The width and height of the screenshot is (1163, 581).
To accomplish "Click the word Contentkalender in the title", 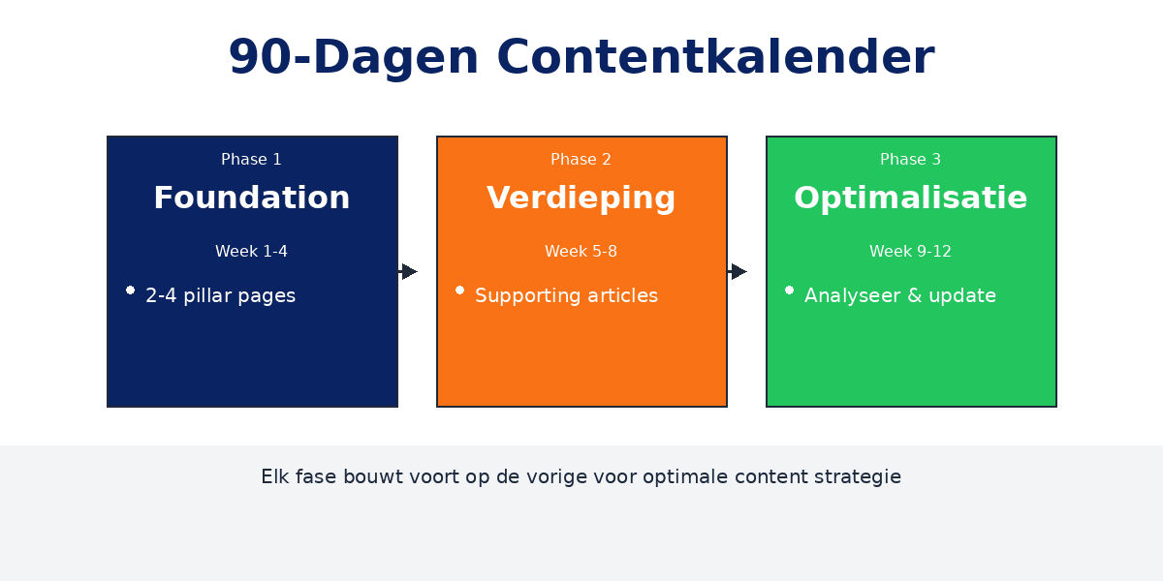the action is pyautogui.click(x=715, y=57).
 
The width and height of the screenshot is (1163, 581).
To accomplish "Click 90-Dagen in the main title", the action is pyautogui.click(x=354, y=57).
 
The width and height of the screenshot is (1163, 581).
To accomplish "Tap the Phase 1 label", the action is pyautogui.click(x=251, y=160).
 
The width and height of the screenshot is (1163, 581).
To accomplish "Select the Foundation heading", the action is pyautogui.click(x=251, y=198).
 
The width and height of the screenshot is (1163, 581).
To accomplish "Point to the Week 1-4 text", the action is pyautogui.click(x=251, y=252).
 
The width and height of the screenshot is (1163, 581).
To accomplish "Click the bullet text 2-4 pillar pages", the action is pyautogui.click(x=220, y=296).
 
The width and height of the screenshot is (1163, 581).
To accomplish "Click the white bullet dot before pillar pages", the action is pyautogui.click(x=130, y=290).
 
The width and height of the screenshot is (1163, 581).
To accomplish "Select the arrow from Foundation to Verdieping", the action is pyautogui.click(x=408, y=271).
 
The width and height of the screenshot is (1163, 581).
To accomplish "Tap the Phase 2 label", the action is pyautogui.click(x=581, y=160).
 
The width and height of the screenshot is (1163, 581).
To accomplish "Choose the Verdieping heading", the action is pyautogui.click(x=581, y=198).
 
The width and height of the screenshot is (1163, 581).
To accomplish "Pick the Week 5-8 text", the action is pyautogui.click(x=581, y=252).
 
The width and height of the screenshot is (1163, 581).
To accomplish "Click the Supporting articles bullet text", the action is pyautogui.click(x=566, y=296).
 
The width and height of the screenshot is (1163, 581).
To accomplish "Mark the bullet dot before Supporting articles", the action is pyautogui.click(x=459, y=290).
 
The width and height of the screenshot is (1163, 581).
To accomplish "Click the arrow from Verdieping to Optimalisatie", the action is pyautogui.click(x=738, y=271).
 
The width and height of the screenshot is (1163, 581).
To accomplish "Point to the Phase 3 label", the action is pyautogui.click(x=910, y=160).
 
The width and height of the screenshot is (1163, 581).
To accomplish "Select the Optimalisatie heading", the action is pyautogui.click(x=910, y=198).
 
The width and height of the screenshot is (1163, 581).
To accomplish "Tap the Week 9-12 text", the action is pyautogui.click(x=910, y=252).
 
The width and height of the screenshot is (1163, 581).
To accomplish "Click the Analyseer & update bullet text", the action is pyautogui.click(x=899, y=296).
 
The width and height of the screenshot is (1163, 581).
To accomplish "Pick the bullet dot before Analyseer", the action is pyautogui.click(x=789, y=290).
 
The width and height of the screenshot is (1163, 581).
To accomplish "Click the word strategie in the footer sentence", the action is pyautogui.click(x=861, y=477).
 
